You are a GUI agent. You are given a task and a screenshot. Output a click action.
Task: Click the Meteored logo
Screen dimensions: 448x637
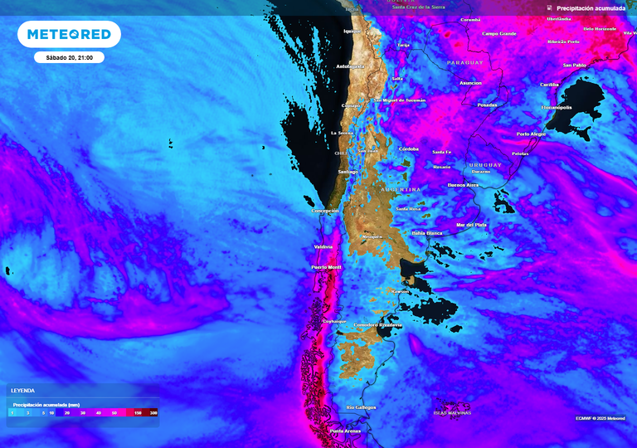point(69,34)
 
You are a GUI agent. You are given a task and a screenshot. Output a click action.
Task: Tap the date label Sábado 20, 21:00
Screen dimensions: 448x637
point(70,58)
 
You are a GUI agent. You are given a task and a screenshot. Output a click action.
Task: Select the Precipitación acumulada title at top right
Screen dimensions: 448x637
point(591,8)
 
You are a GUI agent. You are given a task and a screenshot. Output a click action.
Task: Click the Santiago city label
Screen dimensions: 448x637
point(348,172)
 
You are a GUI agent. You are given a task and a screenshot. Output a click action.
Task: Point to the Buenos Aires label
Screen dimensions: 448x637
point(463,185)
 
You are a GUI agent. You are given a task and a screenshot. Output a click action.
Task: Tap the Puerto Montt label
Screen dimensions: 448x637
point(326,267)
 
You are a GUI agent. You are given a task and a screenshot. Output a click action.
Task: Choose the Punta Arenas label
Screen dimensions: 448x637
point(346,431)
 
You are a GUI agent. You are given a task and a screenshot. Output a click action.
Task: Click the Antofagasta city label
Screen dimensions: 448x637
point(350,66)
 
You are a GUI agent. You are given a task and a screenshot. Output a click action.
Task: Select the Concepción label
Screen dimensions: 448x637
point(325,211)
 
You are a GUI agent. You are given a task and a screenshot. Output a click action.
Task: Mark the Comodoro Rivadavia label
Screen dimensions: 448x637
point(378,324)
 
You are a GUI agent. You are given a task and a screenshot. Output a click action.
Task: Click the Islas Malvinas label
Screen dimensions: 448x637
point(453,412)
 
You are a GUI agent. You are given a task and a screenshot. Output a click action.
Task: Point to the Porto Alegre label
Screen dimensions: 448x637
point(531,134)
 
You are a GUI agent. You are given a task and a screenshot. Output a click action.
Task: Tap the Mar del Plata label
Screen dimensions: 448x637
point(470,225)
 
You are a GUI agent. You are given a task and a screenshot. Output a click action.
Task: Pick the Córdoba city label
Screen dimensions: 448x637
point(408,149)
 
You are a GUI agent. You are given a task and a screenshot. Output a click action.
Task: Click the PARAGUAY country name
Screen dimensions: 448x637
point(464,62)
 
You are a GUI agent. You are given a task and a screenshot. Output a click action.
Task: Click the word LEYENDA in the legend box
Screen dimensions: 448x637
point(22,390)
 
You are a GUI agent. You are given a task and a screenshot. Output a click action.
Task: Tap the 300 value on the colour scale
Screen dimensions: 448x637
point(153,412)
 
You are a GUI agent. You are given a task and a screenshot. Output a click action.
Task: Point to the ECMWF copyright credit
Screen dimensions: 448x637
point(601,418)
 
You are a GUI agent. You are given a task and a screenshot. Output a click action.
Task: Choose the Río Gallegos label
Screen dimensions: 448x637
point(362,407)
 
